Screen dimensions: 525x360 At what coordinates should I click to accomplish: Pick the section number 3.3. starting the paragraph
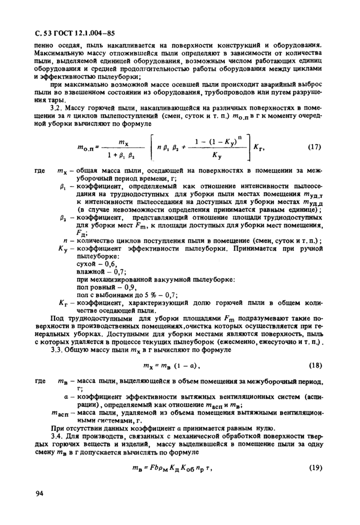[x=57, y=350]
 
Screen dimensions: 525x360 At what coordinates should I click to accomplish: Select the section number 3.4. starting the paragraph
[x=57, y=436]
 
